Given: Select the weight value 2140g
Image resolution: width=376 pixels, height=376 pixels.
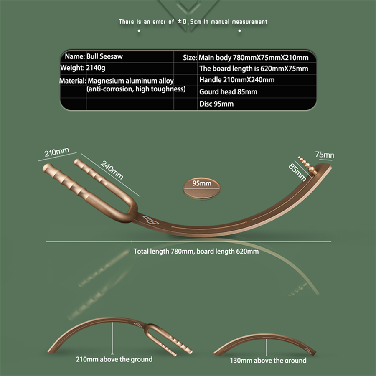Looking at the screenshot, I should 95,68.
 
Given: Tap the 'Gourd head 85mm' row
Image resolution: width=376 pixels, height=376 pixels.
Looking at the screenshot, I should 228,92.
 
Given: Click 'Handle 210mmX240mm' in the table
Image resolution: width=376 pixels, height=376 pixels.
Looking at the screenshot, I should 237,80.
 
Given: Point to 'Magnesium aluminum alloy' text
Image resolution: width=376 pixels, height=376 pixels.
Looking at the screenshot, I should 130,81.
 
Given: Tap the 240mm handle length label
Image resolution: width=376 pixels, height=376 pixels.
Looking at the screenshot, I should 112,170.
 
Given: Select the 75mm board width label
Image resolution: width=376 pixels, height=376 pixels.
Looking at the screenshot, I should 325,155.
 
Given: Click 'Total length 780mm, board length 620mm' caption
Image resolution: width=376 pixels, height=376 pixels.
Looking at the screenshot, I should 196,252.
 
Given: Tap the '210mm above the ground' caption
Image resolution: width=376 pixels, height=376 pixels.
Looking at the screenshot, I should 114,359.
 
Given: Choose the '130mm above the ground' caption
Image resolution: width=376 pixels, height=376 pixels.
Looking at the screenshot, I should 268,360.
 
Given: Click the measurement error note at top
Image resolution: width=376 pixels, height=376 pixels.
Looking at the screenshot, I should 193,21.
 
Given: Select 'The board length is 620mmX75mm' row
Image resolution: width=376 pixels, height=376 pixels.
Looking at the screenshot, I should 254,69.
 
